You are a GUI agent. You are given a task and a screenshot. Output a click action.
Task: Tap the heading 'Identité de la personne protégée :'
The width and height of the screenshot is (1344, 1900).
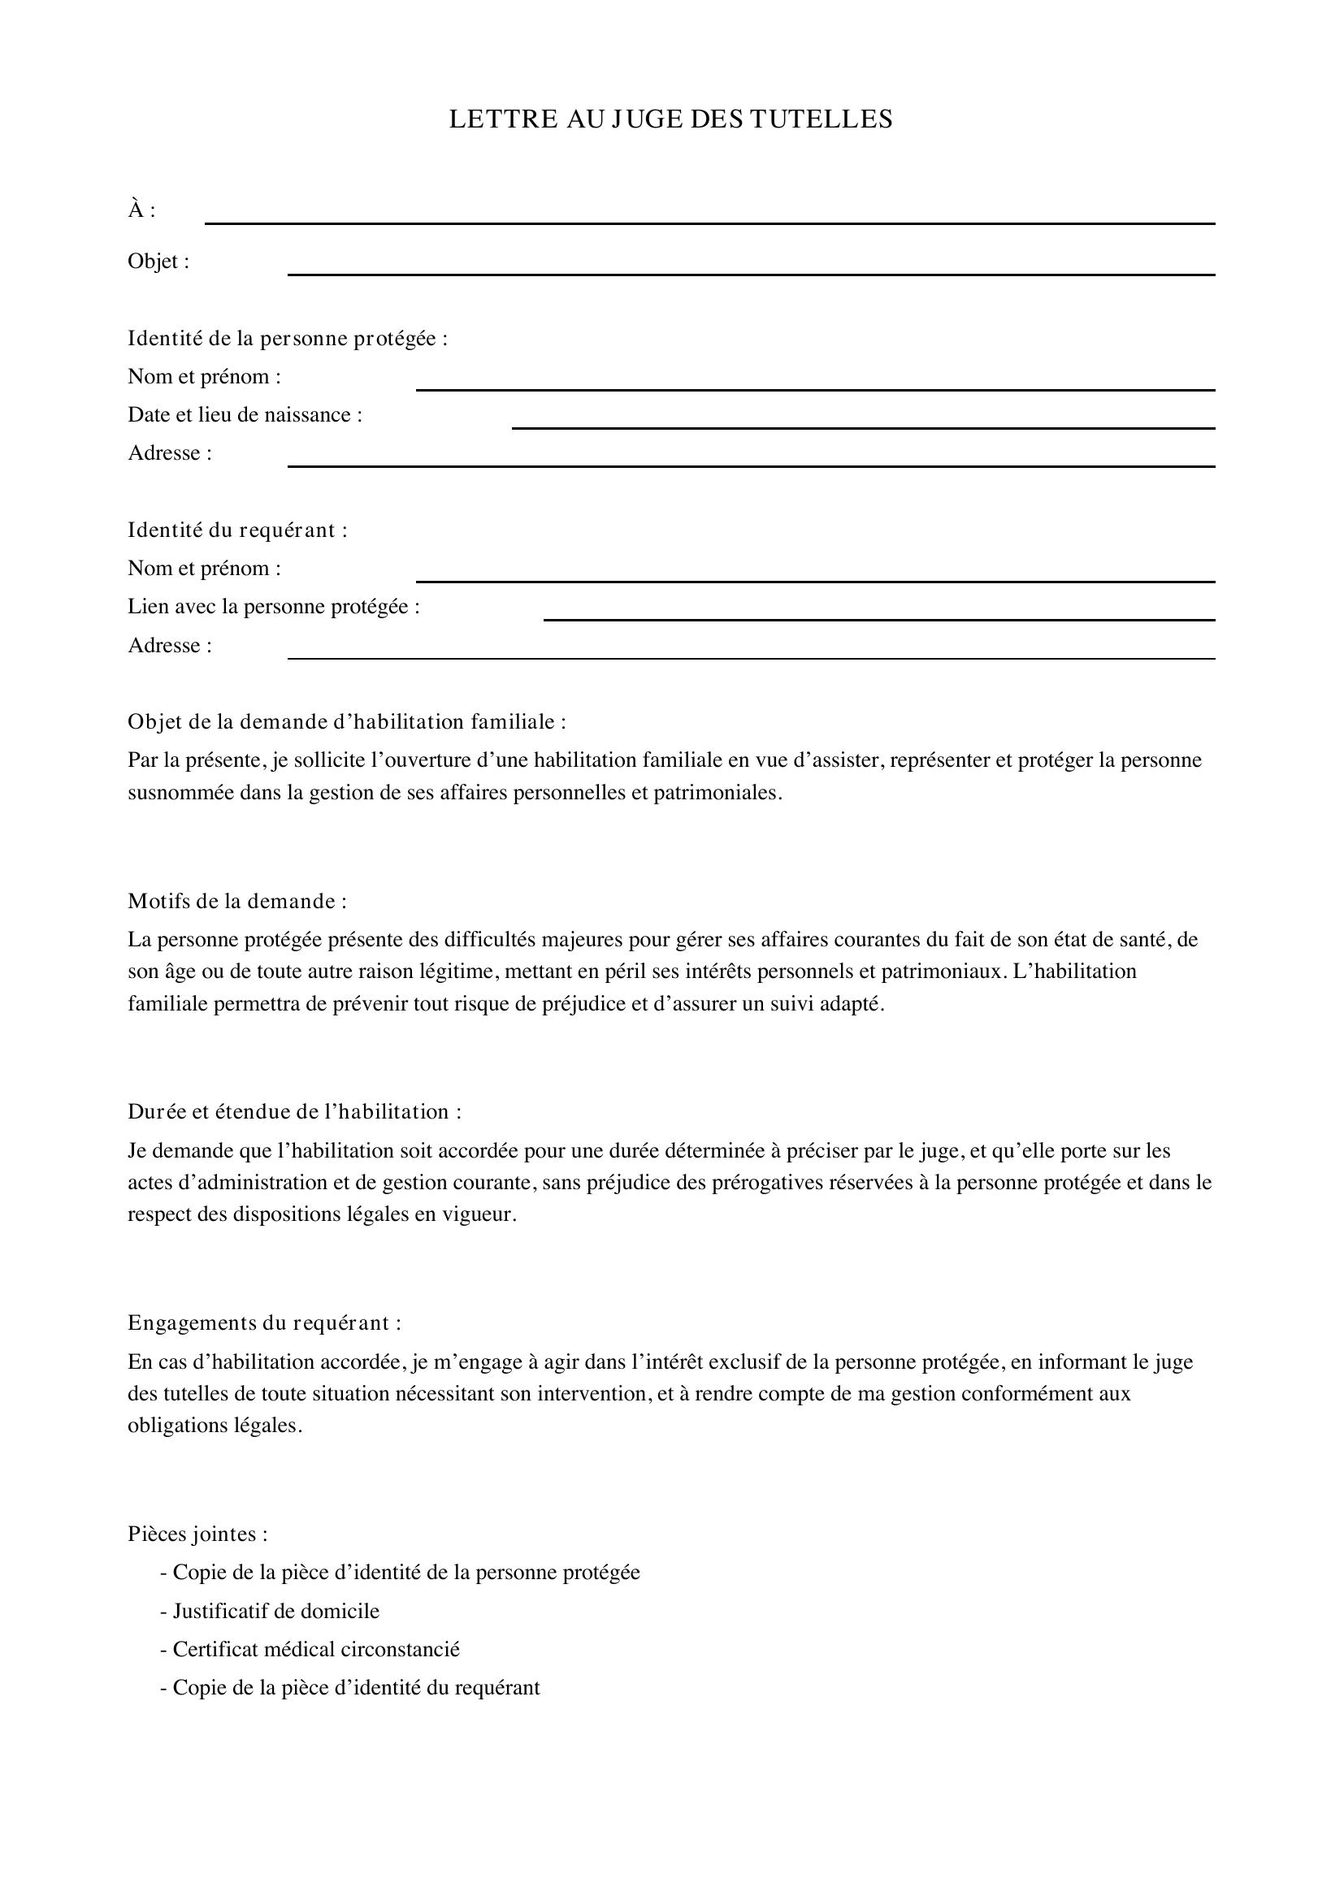[287, 339]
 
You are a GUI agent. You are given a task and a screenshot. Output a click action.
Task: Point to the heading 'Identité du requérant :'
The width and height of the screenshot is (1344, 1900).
[237, 530]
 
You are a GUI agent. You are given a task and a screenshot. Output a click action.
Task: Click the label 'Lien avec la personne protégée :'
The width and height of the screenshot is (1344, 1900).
[274, 607]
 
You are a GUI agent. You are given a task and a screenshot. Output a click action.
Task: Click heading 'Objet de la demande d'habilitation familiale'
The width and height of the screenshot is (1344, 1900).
[347, 721]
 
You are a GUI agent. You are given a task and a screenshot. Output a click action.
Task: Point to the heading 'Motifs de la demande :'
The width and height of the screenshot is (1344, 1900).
[237, 901]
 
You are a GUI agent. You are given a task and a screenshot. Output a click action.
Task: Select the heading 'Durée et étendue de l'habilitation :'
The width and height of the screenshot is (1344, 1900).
[295, 1111]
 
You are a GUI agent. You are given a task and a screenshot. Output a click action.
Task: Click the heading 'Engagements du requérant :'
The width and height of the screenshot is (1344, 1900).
[265, 1322]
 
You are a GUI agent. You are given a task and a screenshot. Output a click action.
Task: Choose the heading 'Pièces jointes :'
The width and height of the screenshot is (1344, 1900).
[197, 1534]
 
